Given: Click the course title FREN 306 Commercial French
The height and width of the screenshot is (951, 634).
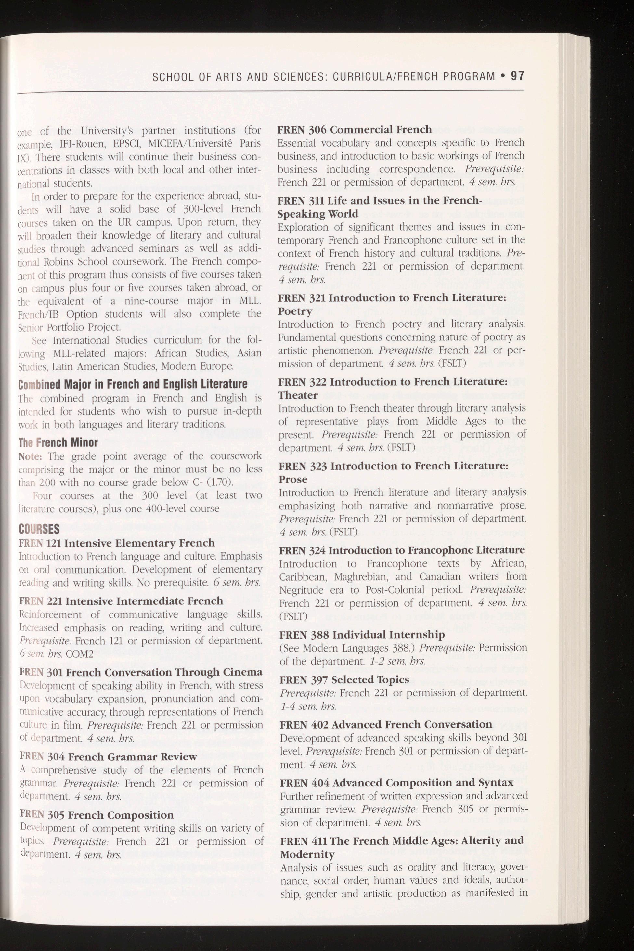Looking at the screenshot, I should point(355,129).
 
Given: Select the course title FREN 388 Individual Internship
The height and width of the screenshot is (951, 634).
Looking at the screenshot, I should point(362,634).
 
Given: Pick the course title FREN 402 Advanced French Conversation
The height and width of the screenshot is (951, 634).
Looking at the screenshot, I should point(386,724).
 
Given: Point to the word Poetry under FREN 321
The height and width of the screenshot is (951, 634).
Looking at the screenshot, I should point(295,311).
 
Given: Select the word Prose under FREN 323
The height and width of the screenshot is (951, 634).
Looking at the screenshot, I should point(293,479).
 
